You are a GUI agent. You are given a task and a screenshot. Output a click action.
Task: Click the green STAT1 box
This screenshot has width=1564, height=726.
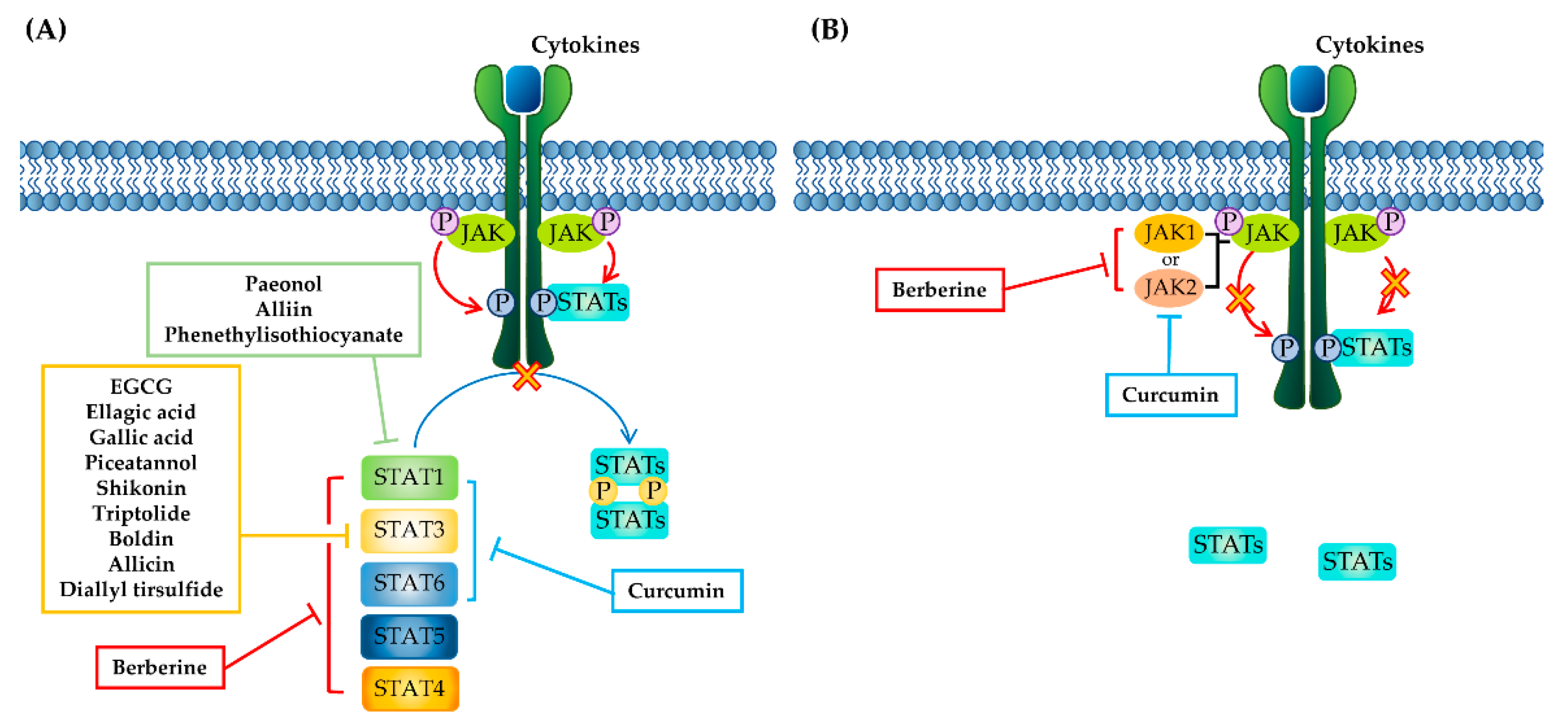click(409, 477)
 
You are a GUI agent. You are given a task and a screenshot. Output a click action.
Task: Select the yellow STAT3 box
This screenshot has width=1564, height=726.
click(409, 531)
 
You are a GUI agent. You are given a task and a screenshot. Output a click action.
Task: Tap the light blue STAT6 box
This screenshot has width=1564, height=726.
click(409, 584)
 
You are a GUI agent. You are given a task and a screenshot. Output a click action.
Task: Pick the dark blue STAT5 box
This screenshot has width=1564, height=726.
click(409, 636)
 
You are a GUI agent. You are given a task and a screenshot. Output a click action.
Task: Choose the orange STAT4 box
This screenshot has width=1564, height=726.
click(411, 689)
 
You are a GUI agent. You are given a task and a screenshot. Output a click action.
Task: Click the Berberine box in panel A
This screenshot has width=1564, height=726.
click(160, 667)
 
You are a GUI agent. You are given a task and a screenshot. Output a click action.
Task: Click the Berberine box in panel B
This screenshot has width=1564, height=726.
click(939, 289)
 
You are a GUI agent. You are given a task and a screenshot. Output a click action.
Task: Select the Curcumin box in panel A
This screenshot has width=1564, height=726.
click(677, 591)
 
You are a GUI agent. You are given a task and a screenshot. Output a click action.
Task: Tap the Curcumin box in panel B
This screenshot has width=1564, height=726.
click(1171, 395)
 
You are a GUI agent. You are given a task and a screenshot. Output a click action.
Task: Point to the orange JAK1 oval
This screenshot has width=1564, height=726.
click(1169, 233)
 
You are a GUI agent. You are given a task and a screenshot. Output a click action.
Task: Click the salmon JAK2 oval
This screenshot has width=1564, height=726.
click(1169, 287)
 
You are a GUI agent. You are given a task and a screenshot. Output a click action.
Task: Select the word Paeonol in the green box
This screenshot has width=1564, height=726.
click(283, 284)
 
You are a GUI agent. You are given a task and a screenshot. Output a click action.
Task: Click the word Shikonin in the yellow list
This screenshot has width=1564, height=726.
click(141, 488)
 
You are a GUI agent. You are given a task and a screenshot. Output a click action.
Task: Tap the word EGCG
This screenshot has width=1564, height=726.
click(141, 387)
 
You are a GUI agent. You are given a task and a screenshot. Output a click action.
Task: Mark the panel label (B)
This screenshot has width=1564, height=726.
click(830, 29)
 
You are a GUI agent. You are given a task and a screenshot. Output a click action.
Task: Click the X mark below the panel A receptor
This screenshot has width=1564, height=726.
click(526, 377)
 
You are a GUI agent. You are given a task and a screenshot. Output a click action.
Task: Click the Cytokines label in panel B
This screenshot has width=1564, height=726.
click(1370, 45)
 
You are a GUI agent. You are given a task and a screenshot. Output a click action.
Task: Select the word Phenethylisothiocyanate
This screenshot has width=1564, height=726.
click(283, 335)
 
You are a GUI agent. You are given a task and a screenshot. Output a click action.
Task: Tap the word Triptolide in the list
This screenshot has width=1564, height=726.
click(141, 513)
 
